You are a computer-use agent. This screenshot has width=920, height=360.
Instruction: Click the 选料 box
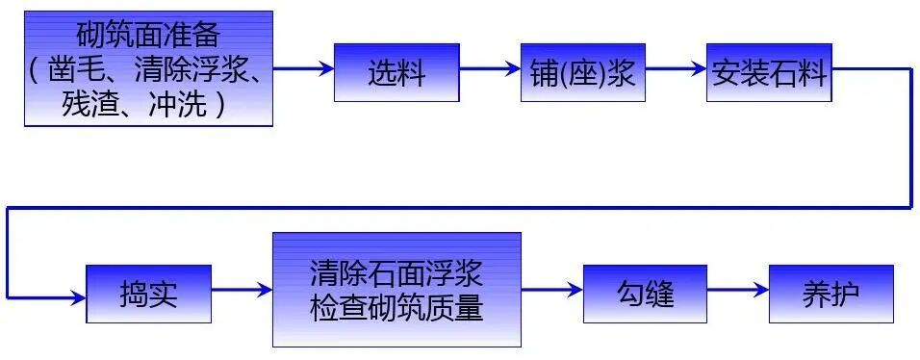pyautogui.click(x=396, y=72)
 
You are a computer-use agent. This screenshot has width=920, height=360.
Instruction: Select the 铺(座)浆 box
pyautogui.click(x=582, y=72)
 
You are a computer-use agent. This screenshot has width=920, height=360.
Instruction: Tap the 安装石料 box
pyautogui.click(x=768, y=72)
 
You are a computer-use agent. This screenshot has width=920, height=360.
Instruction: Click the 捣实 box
pyautogui.click(x=148, y=293)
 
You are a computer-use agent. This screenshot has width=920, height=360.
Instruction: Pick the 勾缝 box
pyautogui.click(x=645, y=293)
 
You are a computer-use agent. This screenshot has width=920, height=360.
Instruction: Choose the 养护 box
pyautogui.click(x=831, y=293)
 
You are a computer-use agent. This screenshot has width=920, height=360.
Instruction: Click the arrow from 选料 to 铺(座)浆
pyautogui.click(x=490, y=69)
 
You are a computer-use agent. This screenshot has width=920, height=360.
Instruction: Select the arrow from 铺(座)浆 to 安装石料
pyautogui.click(x=676, y=69)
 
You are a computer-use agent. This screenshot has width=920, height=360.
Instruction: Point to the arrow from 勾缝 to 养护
pyautogui.click(x=738, y=290)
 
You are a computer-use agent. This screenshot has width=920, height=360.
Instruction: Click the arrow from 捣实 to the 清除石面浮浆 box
pyautogui.click(x=242, y=290)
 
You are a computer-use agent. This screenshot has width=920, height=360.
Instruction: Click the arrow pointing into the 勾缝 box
pyautogui.click(x=552, y=290)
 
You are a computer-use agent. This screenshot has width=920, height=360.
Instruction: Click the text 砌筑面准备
pyautogui.click(x=148, y=38)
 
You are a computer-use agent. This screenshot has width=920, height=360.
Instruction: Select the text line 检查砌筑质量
pyautogui.click(x=396, y=309)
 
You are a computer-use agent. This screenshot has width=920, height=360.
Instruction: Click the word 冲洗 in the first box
pyautogui.click(x=177, y=104)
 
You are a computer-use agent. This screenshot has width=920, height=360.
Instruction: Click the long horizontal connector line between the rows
pyautogui.click(x=462, y=207)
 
